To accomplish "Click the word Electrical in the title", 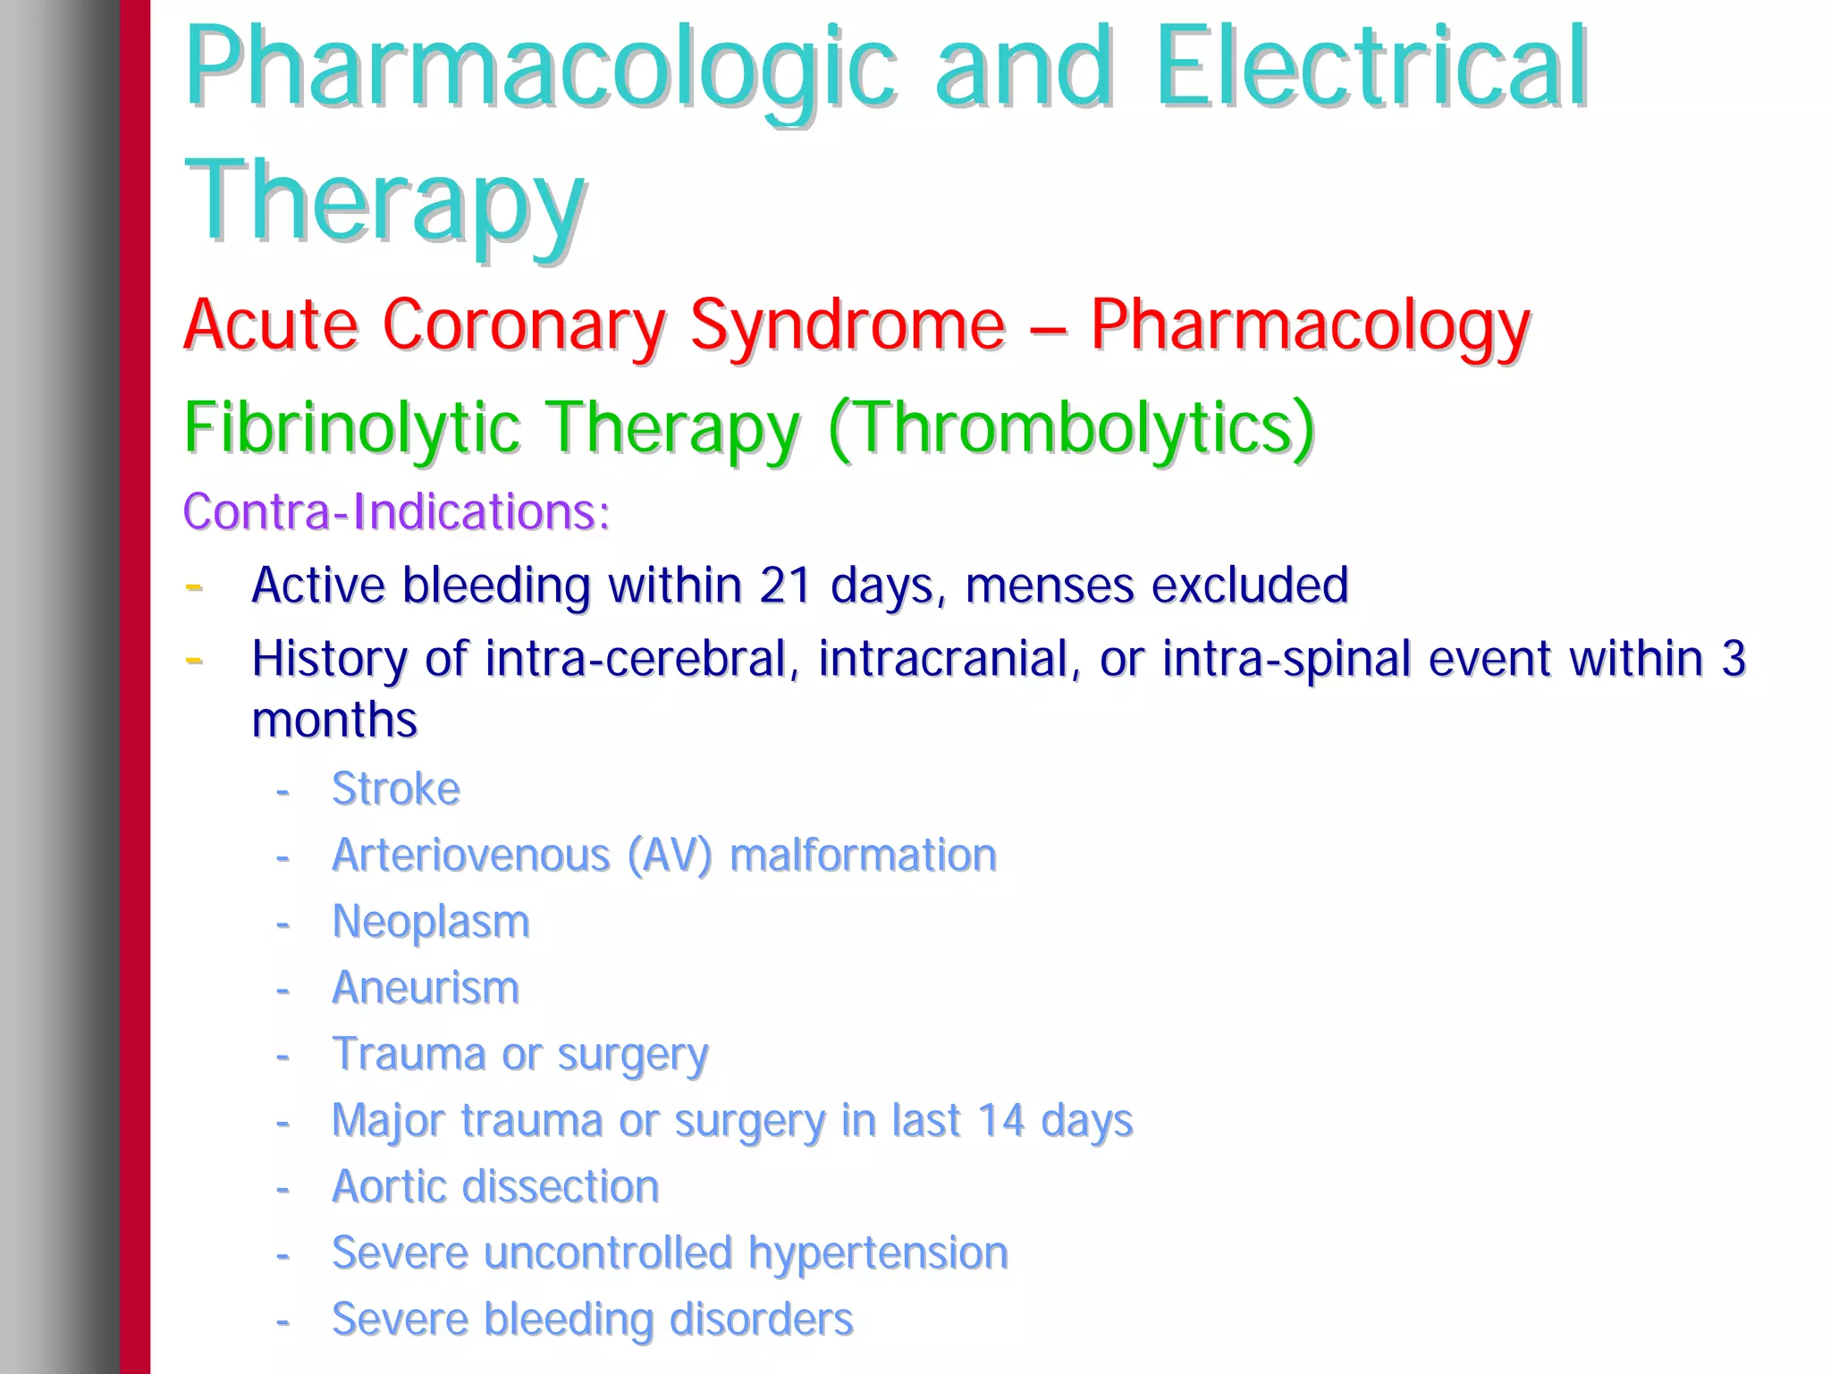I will click(x=1371, y=70).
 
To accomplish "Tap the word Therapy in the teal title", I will click(x=384, y=202).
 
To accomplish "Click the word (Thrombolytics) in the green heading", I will click(x=1071, y=427).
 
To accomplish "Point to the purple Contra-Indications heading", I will click(x=396, y=511).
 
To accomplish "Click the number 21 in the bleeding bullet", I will click(x=785, y=586).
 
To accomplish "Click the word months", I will click(x=334, y=720).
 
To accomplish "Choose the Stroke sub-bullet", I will click(x=395, y=789).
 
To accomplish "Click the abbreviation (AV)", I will click(x=670, y=856).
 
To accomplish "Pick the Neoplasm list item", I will click(x=430, y=922).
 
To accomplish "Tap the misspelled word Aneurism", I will click(x=425, y=988).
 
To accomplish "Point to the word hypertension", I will click(x=878, y=1252).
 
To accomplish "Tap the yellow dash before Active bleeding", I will click(x=193, y=587).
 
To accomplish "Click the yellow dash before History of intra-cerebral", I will click(x=193, y=661).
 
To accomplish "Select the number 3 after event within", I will click(x=1733, y=659).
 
